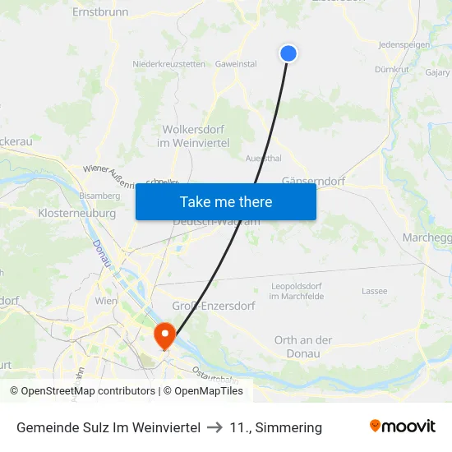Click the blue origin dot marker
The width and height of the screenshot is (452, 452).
click(x=288, y=53)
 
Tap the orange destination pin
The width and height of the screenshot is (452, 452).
click(x=164, y=335)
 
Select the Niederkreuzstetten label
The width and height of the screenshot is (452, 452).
click(x=169, y=64)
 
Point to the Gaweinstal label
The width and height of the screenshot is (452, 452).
click(x=236, y=64)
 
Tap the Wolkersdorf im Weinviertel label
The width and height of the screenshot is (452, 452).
click(x=193, y=136)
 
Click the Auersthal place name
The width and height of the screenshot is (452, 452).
click(x=264, y=158)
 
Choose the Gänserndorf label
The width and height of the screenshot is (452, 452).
click(x=313, y=181)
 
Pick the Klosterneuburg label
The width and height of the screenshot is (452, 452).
click(x=76, y=213)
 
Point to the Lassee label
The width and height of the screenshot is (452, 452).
click(x=374, y=291)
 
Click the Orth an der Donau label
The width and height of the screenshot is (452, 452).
click(x=303, y=347)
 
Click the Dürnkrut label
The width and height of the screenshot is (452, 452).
click(x=391, y=70)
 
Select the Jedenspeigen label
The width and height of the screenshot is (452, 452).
click(x=404, y=44)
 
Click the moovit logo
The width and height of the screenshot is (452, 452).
click(x=403, y=427)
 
